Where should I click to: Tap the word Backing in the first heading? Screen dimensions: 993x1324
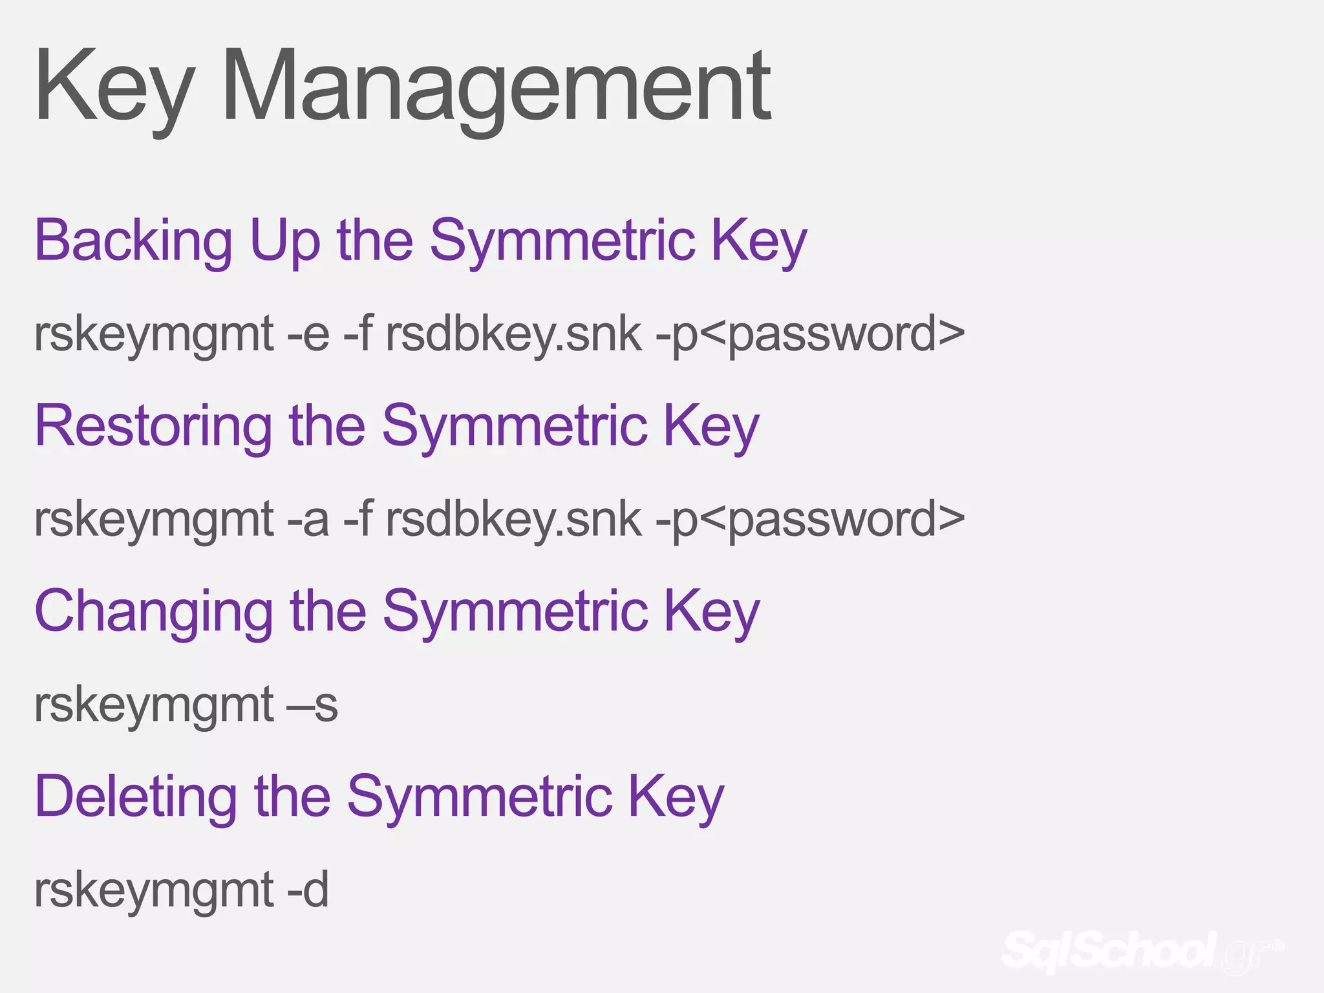pos(133,240)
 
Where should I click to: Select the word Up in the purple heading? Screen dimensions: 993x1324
pos(284,240)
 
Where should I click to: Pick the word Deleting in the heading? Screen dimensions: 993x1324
pos(136,796)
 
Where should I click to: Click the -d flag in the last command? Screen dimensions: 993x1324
pos(308,890)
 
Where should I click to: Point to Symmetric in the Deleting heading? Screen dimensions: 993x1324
pos(479,796)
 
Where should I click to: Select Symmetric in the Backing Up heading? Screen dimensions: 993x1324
pos(562,240)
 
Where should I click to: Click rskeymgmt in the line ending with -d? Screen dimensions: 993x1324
pos(154,890)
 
